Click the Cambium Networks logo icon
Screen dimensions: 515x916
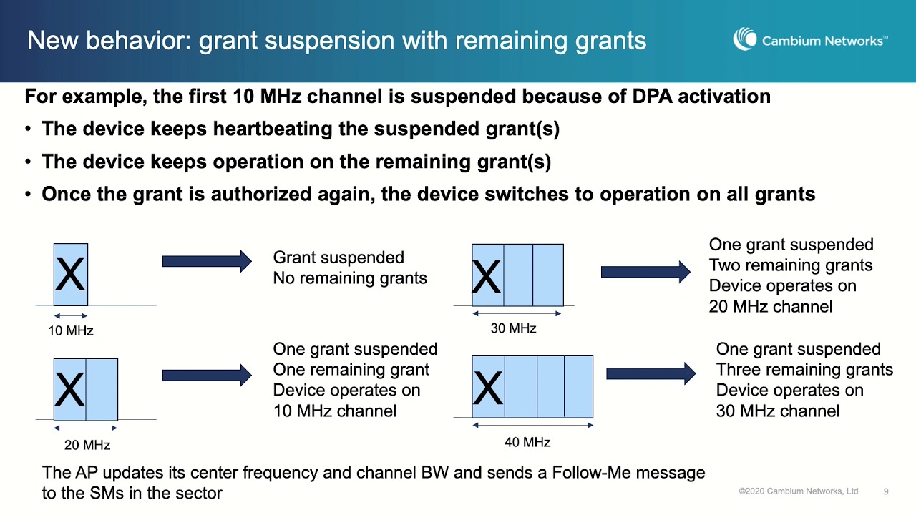[x=745, y=39]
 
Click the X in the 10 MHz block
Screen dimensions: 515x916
[x=70, y=275]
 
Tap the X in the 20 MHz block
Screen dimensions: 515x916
[x=69, y=390]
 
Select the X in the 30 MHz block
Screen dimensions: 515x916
[x=487, y=278]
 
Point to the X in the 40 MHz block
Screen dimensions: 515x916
[x=488, y=388]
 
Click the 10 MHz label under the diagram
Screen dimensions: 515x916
[x=71, y=330]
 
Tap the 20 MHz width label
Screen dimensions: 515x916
[x=87, y=445]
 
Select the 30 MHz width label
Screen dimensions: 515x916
[x=513, y=328]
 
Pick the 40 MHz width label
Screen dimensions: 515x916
[x=527, y=442]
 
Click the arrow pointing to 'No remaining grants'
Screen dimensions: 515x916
[x=207, y=261]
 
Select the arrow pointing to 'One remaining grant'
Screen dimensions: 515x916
[x=207, y=376]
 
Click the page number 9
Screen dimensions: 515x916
[x=886, y=491]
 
